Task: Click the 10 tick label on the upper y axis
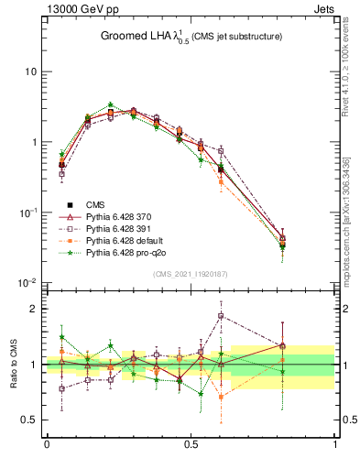[28, 71]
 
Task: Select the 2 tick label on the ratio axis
[33, 309]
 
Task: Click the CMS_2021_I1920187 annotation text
[190, 274]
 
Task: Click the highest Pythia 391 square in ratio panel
[221, 316]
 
